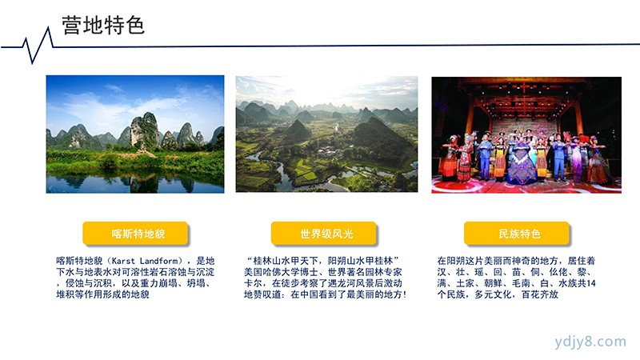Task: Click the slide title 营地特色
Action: coord(103,26)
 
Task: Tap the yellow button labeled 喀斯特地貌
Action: coord(135,234)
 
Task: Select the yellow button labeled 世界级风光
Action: coord(324,234)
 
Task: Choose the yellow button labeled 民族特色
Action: coord(517,234)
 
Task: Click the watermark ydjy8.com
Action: coord(590,342)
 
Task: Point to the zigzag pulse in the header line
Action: coord(38,45)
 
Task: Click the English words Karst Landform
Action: coord(145,261)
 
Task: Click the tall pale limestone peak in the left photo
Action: coord(144,130)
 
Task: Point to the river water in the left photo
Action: coord(135,184)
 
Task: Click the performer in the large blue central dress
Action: coord(521,162)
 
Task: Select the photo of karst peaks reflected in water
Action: coord(135,134)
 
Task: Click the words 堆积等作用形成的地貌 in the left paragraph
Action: coord(103,294)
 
